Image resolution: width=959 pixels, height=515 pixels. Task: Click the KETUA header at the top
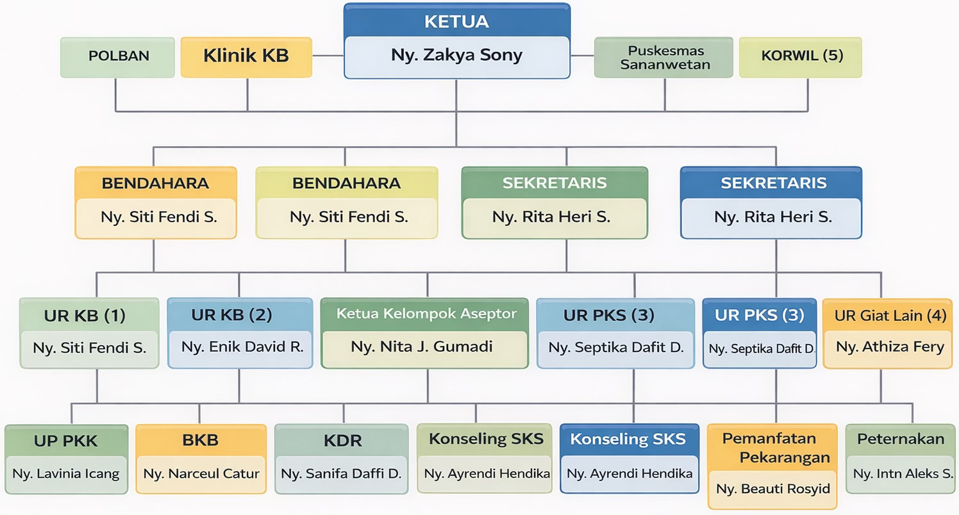tap(456, 22)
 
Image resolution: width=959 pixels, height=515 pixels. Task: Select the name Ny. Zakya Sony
tap(456, 56)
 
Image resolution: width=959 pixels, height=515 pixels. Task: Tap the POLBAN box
tap(118, 56)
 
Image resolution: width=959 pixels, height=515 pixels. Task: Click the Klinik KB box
tap(246, 56)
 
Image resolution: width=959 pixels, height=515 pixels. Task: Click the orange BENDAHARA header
tap(155, 183)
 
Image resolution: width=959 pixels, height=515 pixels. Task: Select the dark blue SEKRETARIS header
tap(773, 183)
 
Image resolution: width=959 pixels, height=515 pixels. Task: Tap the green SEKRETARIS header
tap(555, 183)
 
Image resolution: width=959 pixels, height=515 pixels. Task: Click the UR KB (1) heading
tap(85, 316)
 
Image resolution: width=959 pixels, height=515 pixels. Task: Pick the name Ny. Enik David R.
tap(242, 347)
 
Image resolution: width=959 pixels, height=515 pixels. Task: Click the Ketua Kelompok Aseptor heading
tap(426, 314)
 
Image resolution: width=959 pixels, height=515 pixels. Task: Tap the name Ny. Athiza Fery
tap(890, 347)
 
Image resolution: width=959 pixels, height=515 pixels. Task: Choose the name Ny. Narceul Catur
tap(201, 474)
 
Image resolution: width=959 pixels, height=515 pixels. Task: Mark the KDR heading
tap(342, 441)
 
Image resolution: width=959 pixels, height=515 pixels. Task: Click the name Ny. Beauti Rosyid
tap(773, 489)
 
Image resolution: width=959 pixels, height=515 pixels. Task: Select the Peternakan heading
tap(901, 439)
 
